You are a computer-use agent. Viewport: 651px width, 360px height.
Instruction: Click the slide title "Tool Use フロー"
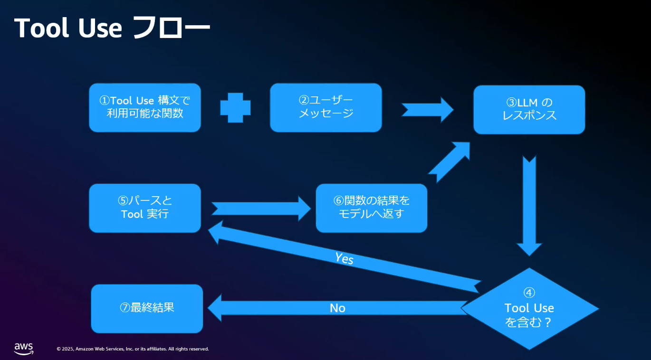tap(112, 28)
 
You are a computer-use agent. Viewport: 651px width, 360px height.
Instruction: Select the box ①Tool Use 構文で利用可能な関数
tap(145, 107)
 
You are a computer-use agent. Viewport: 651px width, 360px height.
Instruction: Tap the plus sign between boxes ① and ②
tap(235, 108)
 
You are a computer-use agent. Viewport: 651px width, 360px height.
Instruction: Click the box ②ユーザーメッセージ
tap(326, 107)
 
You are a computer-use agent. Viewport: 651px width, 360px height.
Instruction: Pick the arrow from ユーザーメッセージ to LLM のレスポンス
tap(427, 110)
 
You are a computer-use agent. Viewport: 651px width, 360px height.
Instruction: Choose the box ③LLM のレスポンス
tap(529, 110)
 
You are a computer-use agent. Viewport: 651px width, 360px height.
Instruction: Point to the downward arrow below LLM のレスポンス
tap(529, 206)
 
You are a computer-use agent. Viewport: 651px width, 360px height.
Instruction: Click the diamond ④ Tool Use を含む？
tap(529, 309)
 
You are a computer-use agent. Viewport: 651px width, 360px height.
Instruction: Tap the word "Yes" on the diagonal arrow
tap(344, 258)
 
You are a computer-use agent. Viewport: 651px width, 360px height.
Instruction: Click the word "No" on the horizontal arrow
tap(337, 308)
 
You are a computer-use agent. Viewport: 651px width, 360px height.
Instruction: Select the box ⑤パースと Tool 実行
tap(145, 208)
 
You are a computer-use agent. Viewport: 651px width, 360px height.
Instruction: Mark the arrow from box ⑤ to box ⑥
tap(261, 208)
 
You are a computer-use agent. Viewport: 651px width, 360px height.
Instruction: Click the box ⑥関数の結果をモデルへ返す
tap(372, 208)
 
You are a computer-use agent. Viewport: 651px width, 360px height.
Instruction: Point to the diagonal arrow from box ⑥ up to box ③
tap(449, 162)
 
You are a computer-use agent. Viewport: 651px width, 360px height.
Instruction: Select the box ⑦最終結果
tap(147, 309)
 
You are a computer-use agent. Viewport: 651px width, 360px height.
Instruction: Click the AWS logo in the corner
tap(24, 349)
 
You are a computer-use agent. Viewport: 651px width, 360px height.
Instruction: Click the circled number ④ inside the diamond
tap(529, 293)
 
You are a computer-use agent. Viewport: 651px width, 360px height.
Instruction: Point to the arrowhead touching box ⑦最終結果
tap(214, 308)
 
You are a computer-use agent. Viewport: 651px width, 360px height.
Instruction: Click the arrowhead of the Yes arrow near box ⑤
tap(216, 232)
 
